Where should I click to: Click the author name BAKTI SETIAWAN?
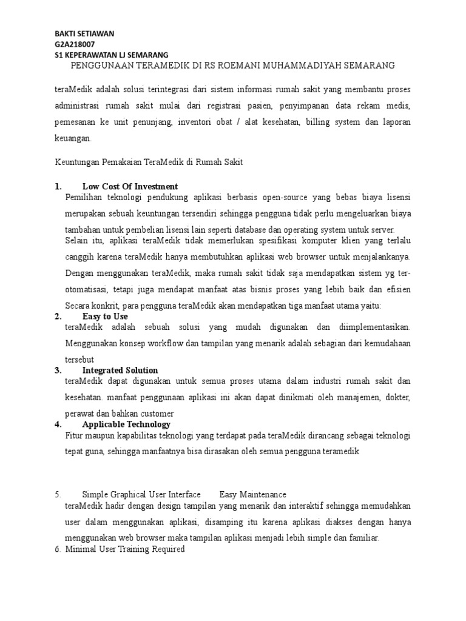[84, 33]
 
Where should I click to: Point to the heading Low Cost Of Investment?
[130, 186]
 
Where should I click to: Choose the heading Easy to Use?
[105, 316]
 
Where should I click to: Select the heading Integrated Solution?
[120, 370]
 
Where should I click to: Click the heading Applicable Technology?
[126, 424]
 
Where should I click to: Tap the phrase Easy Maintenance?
[253, 494]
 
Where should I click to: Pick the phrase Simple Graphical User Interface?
[141, 494]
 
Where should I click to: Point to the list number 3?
[58, 370]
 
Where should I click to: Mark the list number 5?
[58, 494]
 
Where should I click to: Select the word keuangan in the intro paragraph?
[72, 138]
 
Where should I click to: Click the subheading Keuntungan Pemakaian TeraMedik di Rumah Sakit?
[149, 163]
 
